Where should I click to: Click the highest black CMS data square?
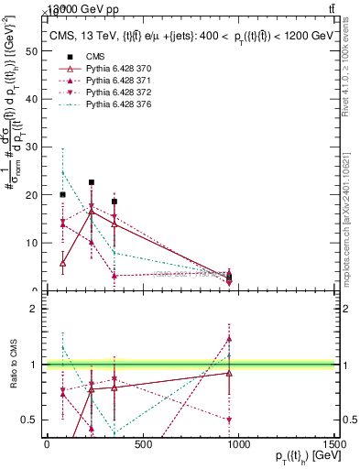point(91,182)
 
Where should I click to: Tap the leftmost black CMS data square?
point(62,194)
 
